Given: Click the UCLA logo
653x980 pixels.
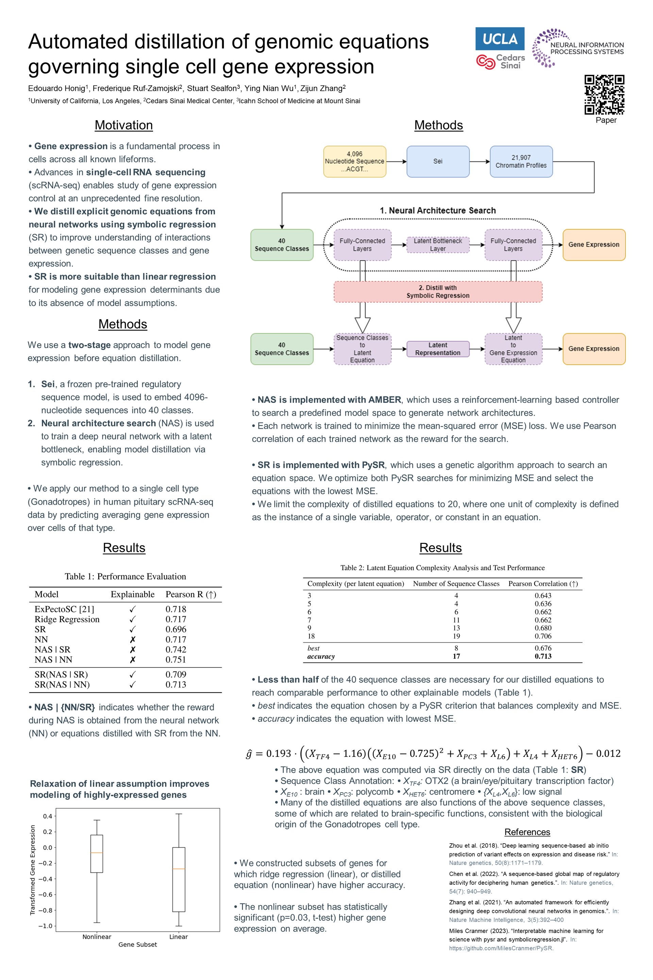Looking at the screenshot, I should [500, 39].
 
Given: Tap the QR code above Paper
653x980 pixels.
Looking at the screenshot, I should [604, 95].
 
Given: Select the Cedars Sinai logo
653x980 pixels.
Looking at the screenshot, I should [501, 62].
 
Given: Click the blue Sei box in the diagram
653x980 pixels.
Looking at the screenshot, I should [438, 162].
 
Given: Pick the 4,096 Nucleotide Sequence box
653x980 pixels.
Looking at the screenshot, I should [354, 162].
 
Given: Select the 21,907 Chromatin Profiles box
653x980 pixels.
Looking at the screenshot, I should [521, 162].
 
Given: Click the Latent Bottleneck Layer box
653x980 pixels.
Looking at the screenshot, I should [438, 245].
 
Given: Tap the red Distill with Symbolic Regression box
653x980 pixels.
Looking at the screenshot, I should [438, 292].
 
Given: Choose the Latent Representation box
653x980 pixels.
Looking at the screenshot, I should [438, 349].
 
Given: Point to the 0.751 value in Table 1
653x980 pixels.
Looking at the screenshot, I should [176, 659].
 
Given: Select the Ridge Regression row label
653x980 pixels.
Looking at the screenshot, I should [67, 619].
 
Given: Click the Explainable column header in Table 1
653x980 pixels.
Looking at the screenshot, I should [132, 594].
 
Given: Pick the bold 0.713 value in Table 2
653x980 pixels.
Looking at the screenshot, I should [543, 656].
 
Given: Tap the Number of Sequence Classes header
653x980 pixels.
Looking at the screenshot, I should [456, 584].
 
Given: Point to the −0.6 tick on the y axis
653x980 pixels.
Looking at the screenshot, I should [47, 895].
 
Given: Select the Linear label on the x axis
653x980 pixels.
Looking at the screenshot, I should [178, 937].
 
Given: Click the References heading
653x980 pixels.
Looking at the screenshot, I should [527, 832].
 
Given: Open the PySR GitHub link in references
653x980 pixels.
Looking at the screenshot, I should [501, 948].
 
